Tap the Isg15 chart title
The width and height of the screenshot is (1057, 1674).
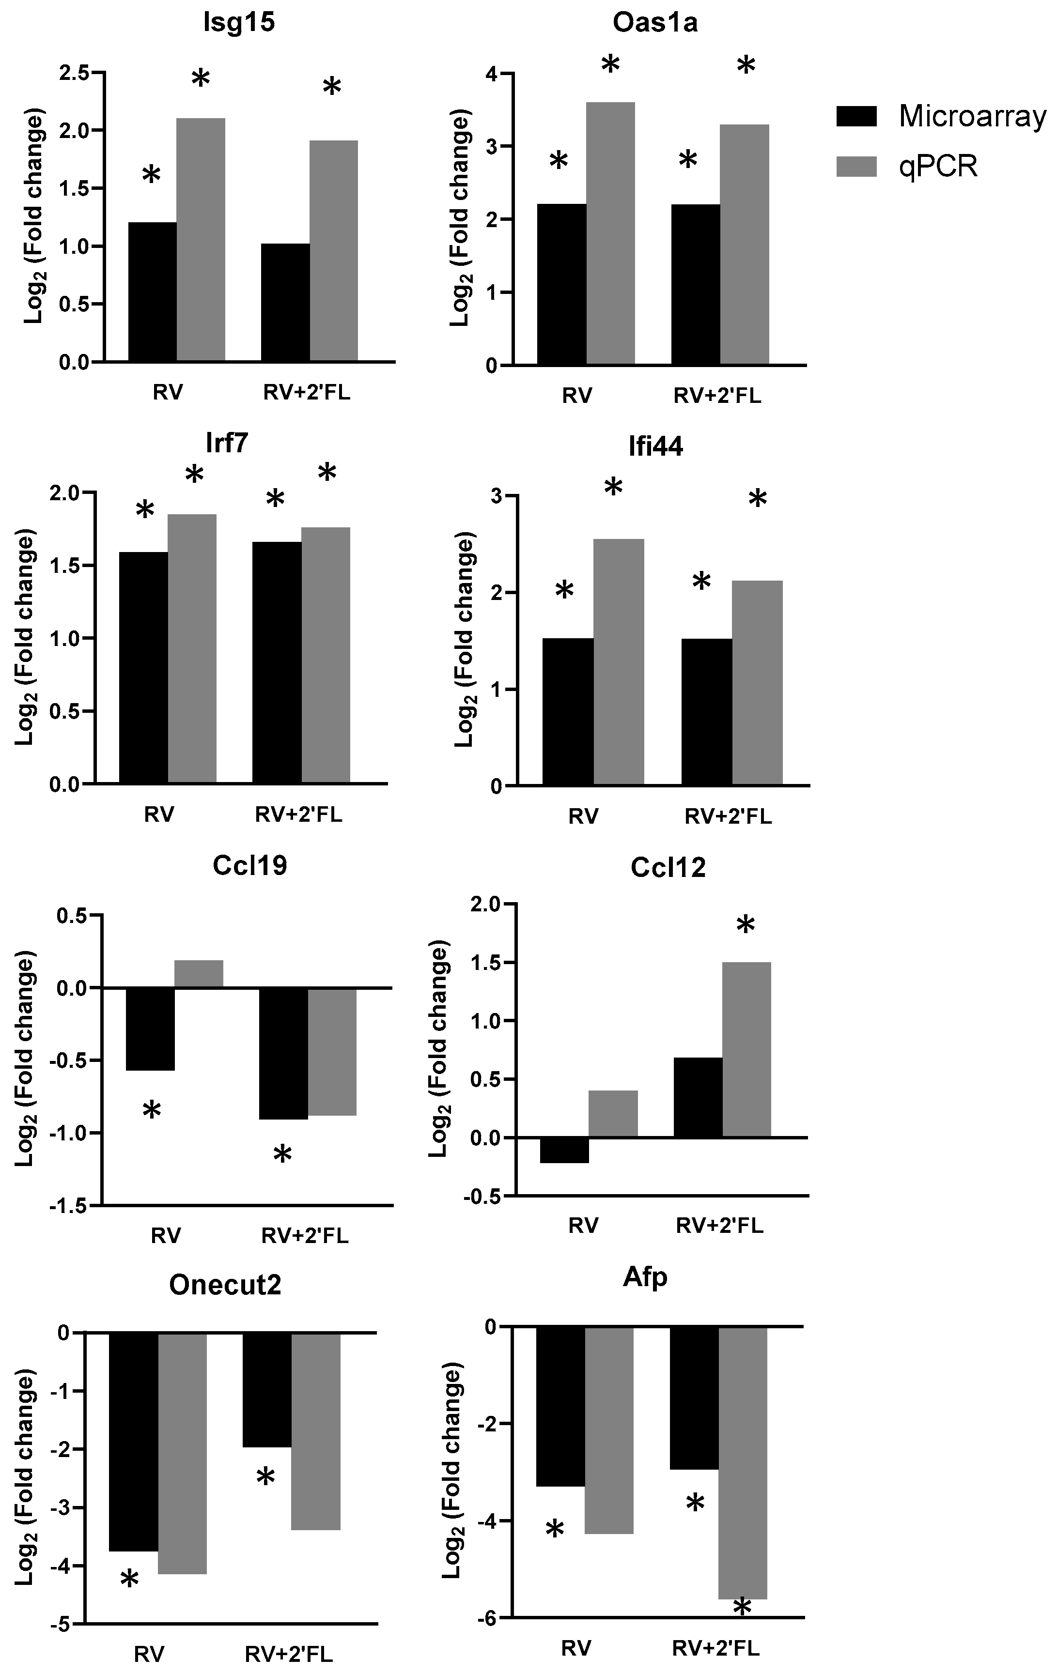[x=238, y=23]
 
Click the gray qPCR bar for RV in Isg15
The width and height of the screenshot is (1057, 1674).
[x=200, y=240]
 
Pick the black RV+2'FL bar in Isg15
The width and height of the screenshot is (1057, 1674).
[x=285, y=302]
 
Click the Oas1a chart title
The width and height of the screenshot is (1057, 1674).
[x=655, y=23]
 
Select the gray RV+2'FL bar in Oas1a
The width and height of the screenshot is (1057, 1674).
[x=744, y=245]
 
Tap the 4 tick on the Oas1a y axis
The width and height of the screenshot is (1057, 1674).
[x=492, y=74]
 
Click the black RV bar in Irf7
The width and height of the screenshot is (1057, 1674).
[x=143, y=667]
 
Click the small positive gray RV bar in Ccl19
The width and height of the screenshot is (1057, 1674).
[x=198, y=973]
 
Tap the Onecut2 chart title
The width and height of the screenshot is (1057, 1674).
[x=225, y=1285]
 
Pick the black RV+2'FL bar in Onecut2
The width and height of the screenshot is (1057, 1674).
[x=266, y=1390]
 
